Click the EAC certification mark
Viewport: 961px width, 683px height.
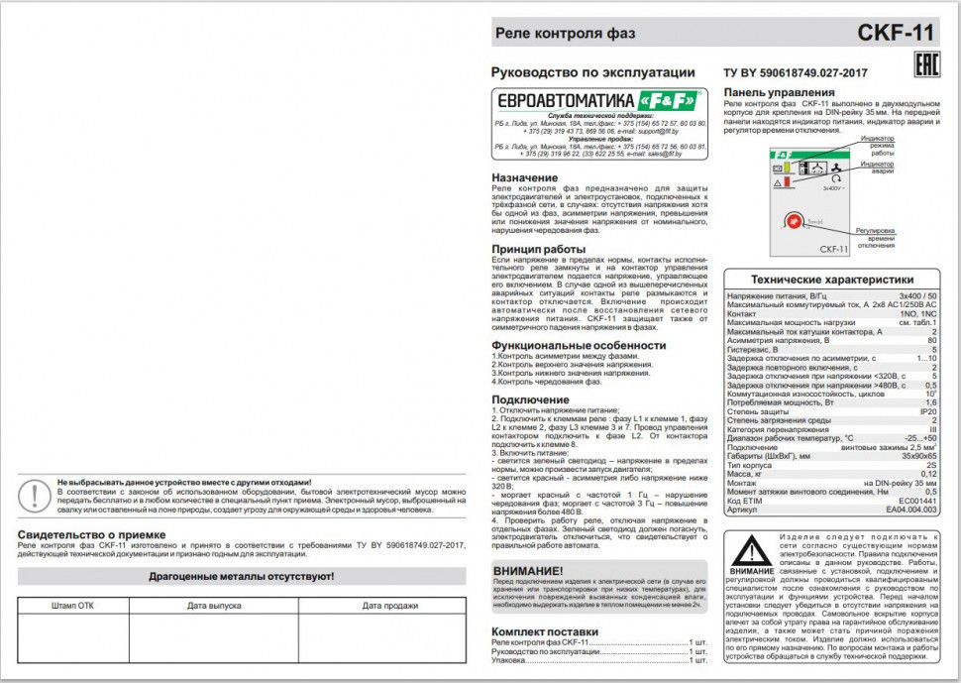coord(924,67)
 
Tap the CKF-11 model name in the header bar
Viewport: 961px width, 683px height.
coord(896,33)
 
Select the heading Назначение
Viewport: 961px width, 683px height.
coord(525,177)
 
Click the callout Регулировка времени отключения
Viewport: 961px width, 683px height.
coord(876,239)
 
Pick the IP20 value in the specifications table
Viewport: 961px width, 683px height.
coord(927,410)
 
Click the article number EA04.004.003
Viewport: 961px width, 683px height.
coord(910,510)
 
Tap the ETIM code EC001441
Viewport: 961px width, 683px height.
coord(915,501)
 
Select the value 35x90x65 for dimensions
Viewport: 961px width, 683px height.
coord(918,456)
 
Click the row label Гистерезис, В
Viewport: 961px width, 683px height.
coord(754,349)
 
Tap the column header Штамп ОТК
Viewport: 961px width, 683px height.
coord(72,605)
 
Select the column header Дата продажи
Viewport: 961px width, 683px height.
coord(388,605)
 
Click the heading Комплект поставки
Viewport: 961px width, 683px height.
coord(545,630)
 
